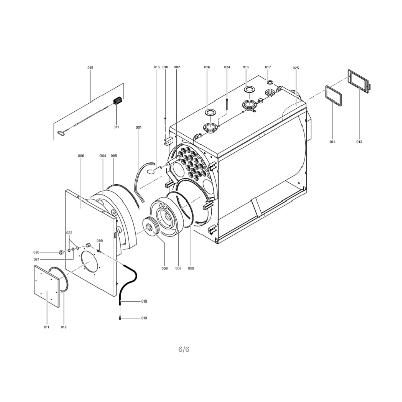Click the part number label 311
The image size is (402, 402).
116,127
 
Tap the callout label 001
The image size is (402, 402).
139,127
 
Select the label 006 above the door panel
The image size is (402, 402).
81,156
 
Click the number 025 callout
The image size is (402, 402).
296,68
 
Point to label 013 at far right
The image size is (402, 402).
359,142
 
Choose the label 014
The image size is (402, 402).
332,142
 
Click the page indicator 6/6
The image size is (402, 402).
184,349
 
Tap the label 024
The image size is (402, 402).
227,67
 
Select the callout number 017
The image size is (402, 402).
268,67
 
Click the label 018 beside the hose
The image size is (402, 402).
144,301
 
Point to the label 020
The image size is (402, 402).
36,252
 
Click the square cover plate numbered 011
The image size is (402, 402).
47,286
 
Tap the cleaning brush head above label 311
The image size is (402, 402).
118,100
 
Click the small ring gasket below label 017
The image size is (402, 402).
270,82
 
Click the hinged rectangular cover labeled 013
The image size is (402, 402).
359,80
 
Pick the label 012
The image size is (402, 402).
64,327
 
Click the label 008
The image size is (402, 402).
165,268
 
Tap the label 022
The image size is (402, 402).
69,233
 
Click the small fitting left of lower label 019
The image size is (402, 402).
120,318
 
